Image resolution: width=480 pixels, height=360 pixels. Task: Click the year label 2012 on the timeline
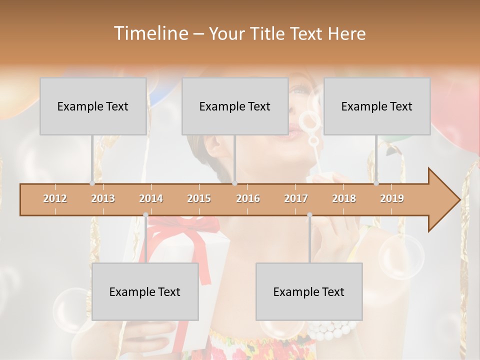point(55,198)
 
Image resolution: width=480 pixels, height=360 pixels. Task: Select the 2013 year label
point(103,198)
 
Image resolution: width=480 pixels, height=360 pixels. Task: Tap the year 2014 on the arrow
point(151,198)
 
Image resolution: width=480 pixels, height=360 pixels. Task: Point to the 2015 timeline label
point(199,198)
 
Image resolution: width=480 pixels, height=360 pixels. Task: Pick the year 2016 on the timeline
point(248,198)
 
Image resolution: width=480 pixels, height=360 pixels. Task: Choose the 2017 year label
point(296,198)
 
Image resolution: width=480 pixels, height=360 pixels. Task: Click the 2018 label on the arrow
point(344,198)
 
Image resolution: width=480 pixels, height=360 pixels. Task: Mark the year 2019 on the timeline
point(392,198)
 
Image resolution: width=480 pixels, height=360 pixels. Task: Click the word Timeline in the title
point(150,33)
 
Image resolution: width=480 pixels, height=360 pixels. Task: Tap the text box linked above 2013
point(93,106)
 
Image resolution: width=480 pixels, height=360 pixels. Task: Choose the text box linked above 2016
point(235,106)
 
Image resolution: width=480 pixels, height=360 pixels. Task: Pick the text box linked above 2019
point(377,106)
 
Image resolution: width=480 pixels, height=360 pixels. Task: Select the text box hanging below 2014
point(145,291)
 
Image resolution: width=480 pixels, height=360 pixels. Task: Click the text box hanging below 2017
point(309,291)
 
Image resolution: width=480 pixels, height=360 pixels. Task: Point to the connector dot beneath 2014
point(145,214)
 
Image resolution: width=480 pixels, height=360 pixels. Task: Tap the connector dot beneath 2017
point(309,214)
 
